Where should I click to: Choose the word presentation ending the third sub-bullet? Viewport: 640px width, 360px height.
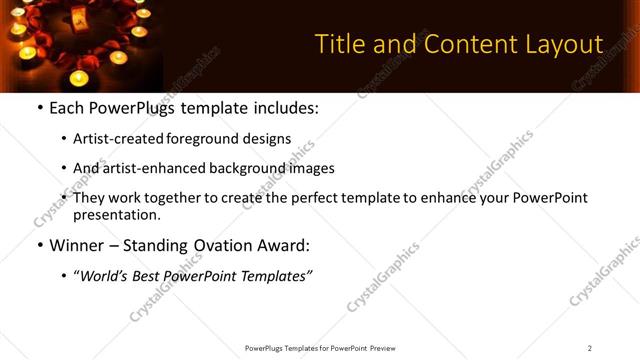coord(116,214)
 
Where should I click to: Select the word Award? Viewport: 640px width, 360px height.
coord(284,244)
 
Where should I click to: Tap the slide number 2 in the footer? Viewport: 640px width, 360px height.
coord(590,348)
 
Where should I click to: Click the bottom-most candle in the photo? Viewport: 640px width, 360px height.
coord(79,78)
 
